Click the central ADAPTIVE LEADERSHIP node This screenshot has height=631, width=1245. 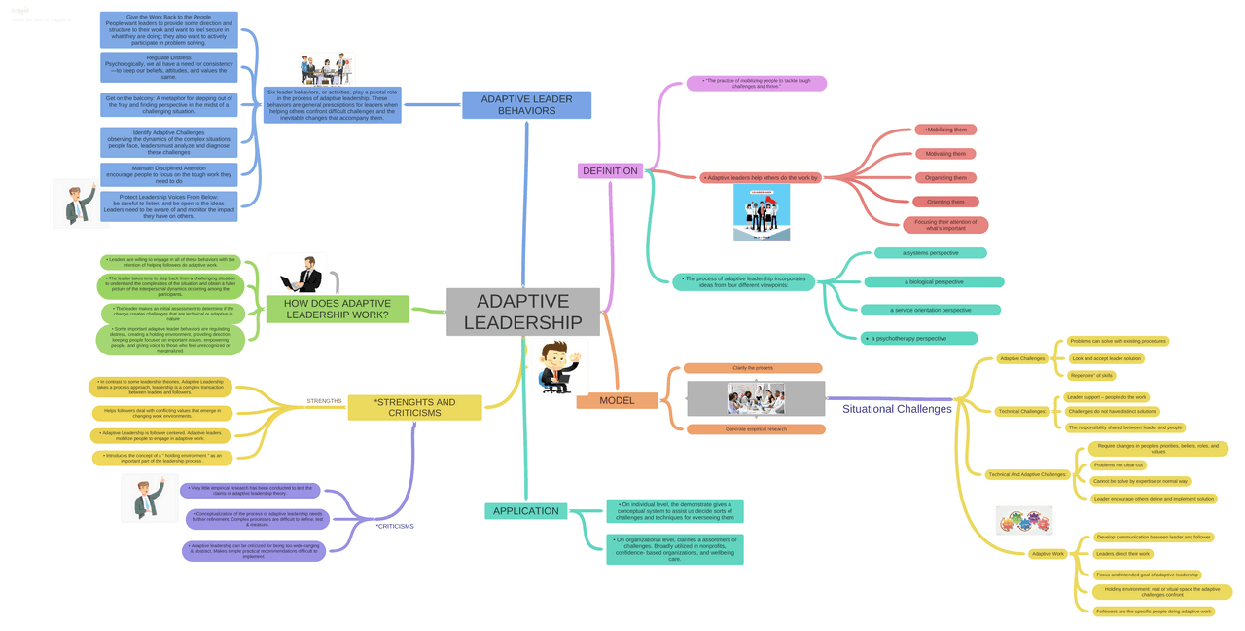[522, 312]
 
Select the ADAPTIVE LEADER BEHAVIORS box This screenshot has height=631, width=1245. [526, 105]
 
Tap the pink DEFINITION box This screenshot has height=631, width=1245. [610, 171]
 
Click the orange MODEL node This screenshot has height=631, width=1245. [617, 400]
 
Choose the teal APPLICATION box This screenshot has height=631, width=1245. [525, 511]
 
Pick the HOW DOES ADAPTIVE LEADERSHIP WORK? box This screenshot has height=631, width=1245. [338, 310]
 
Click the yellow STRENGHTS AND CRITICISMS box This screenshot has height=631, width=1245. [414, 407]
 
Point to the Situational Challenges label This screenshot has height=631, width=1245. [896, 409]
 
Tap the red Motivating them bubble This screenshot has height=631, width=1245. [945, 154]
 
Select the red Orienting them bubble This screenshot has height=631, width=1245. [945, 202]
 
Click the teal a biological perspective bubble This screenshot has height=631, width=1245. [934, 282]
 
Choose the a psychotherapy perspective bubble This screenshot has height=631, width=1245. [919, 339]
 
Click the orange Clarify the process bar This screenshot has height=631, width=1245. [753, 368]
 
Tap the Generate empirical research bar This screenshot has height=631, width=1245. [755, 428]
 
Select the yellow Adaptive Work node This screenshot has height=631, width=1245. [1048, 553]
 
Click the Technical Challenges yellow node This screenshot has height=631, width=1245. [1020, 411]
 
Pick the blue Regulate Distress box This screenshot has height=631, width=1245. [168, 67]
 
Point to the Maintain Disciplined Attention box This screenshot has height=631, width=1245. [168, 174]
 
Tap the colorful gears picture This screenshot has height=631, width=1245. [1023, 521]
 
